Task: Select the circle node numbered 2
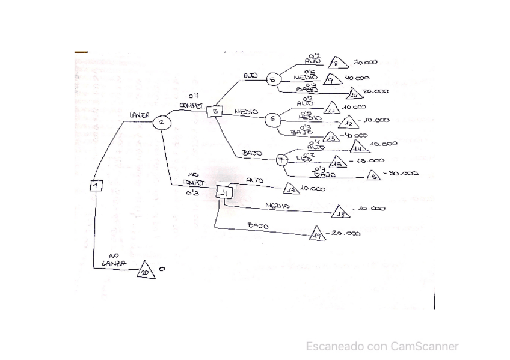coord(161,123)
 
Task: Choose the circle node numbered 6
coord(272,119)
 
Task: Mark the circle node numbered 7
coord(281,160)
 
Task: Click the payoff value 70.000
coord(365,62)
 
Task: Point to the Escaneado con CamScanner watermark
coord(382,346)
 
